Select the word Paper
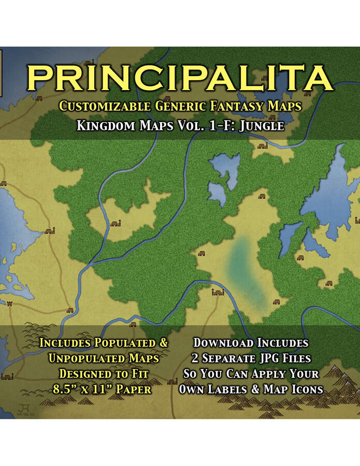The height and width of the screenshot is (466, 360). click(135, 389)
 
